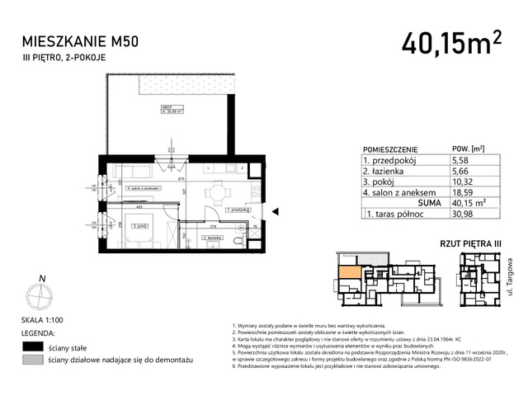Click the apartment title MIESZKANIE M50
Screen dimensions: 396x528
(83, 39)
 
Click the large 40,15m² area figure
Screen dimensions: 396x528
(452, 41)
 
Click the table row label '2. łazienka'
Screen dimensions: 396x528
(384, 171)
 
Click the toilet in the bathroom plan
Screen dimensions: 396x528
(238, 240)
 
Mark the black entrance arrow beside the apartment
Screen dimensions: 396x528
(275, 213)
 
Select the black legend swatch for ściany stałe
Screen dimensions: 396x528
(32, 346)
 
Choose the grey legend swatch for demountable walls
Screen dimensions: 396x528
(32, 361)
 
